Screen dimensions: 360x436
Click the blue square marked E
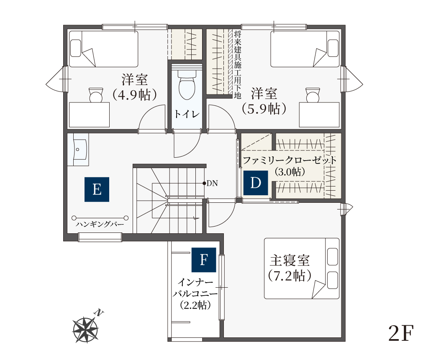coord(97,189)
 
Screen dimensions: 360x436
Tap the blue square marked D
coord(255,183)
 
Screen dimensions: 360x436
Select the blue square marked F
coord(204,260)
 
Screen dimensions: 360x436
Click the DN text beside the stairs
coord(212,183)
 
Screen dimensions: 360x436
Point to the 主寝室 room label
coord(290,260)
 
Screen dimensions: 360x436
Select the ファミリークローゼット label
coord(290,161)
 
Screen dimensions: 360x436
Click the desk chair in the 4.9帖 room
coord(96,94)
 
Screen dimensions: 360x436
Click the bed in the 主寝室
coord(301,268)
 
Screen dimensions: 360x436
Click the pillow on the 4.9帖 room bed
coord(76,48)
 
